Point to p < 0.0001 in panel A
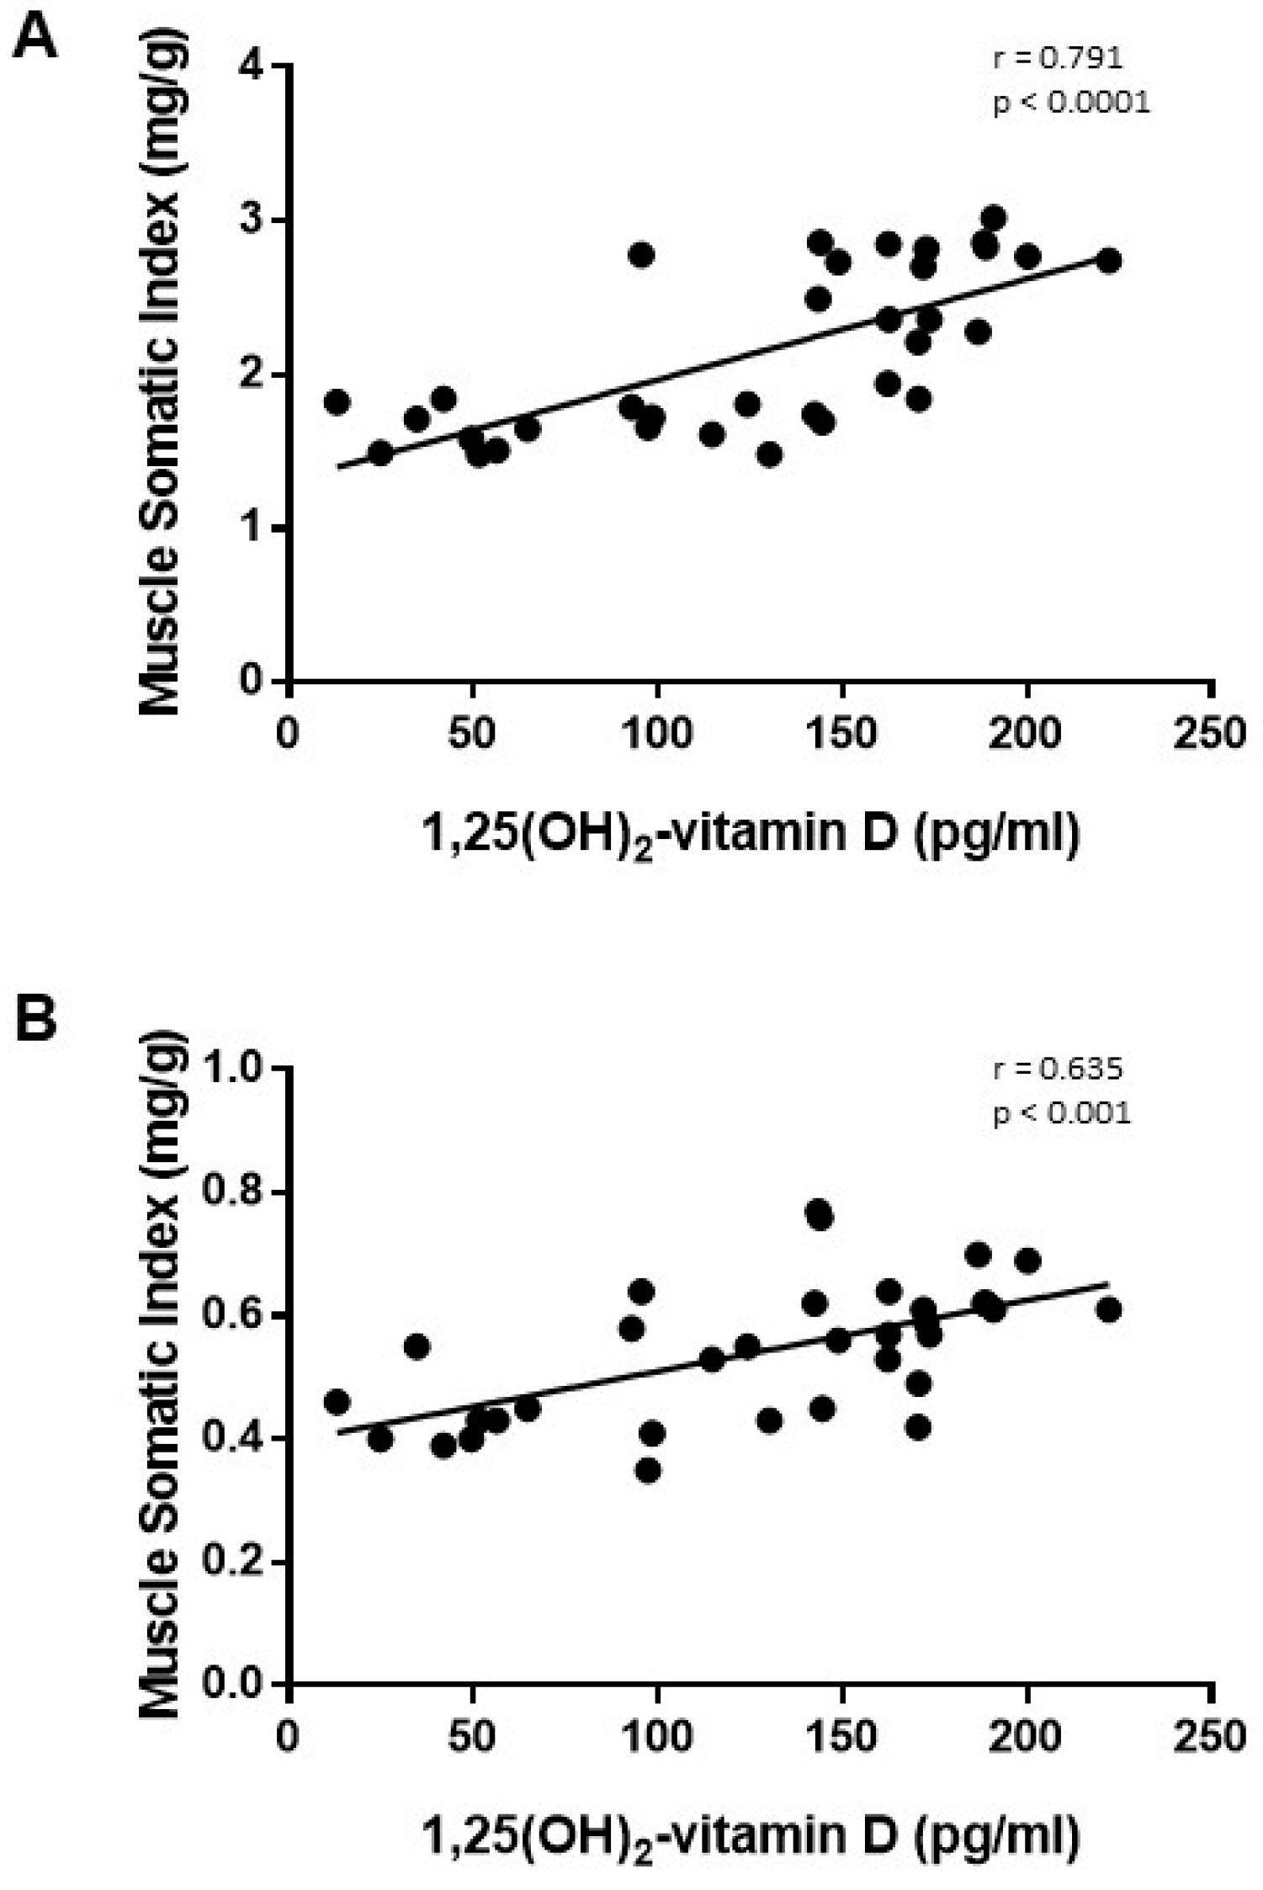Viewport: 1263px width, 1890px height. pyautogui.click(x=1070, y=103)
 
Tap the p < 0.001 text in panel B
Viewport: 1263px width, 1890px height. pyautogui.click(x=1062, y=1113)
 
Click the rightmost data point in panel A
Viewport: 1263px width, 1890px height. pyautogui.click(x=1109, y=261)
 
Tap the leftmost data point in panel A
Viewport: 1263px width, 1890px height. pyautogui.click(x=337, y=402)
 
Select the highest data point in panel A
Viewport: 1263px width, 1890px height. pyautogui.click(x=994, y=219)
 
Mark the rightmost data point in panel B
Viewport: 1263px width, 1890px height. pyautogui.click(x=1109, y=1334)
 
